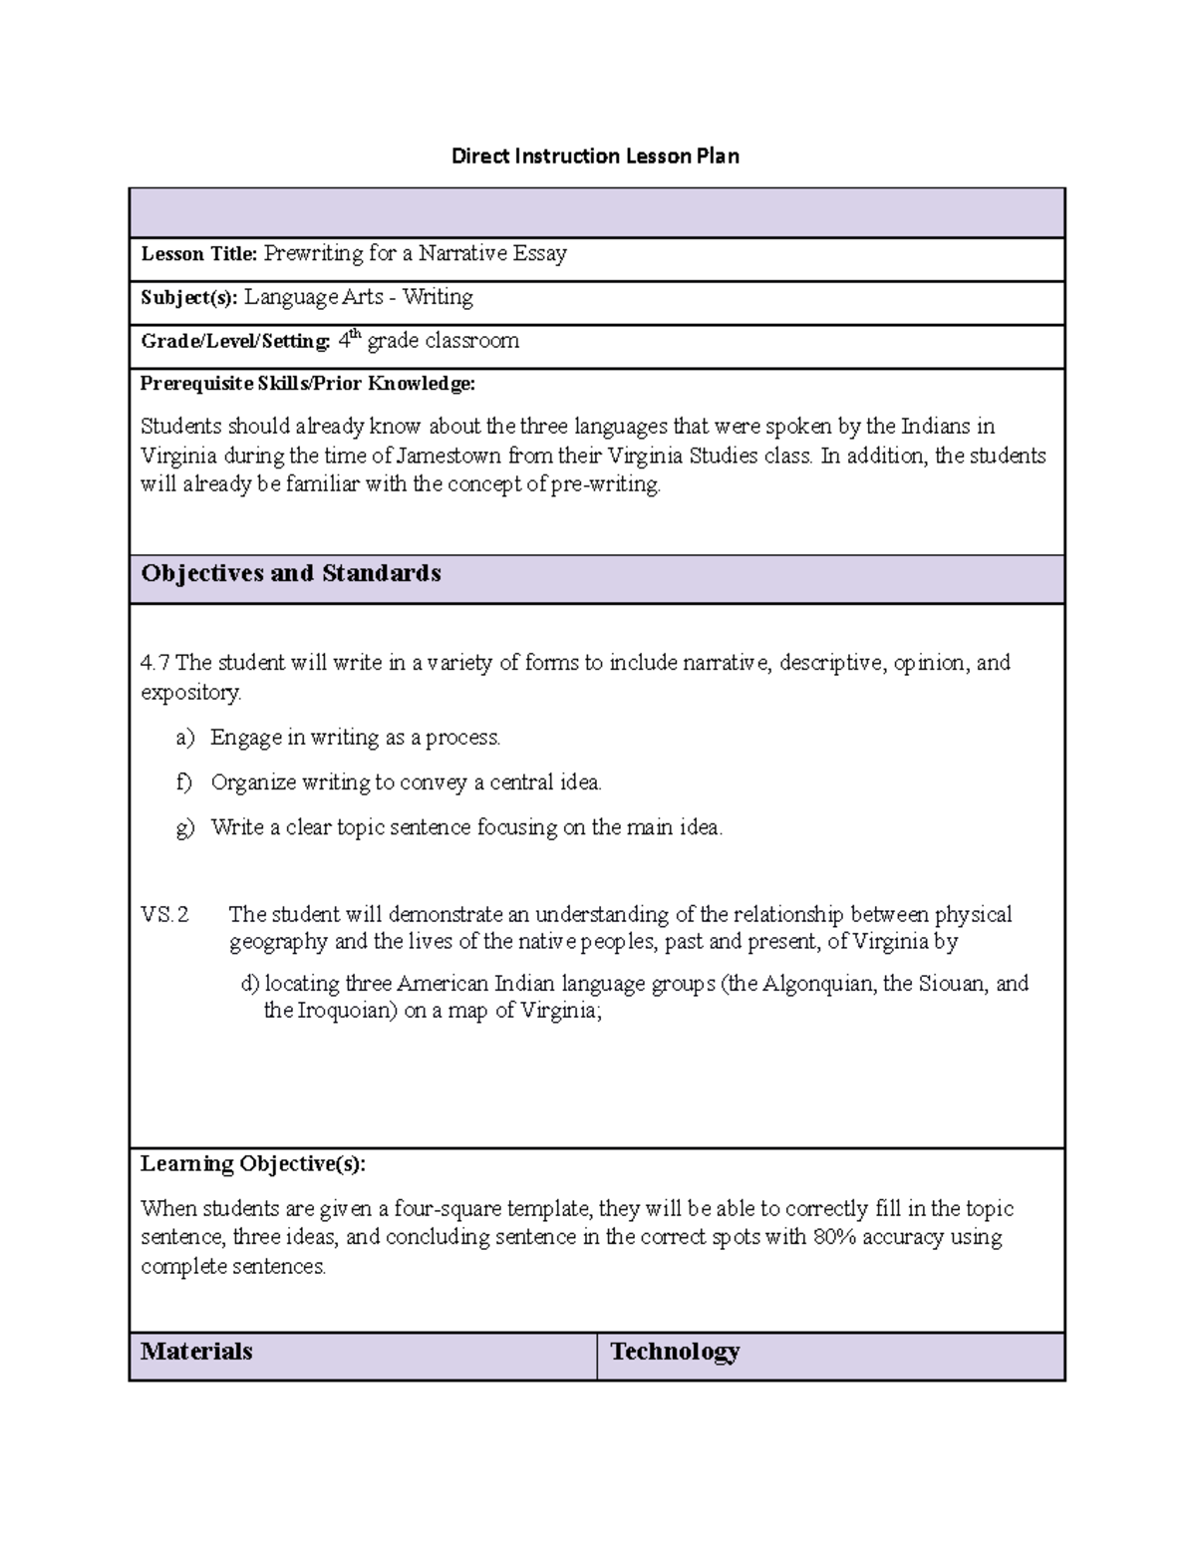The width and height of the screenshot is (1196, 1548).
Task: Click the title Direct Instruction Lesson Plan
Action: click(x=595, y=155)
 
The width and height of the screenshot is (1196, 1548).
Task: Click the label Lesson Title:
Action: click(x=199, y=254)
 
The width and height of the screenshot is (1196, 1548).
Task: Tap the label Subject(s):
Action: click(x=189, y=297)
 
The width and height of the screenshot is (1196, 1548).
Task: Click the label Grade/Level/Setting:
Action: click(x=235, y=341)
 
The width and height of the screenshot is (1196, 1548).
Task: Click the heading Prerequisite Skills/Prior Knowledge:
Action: click(x=308, y=384)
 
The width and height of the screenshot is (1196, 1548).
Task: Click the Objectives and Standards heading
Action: click(x=291, y=573)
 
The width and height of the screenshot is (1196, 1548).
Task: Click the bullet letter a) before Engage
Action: click(x=185, y=738)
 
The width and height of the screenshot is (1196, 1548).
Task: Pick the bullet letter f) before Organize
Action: click(x=184, y=782)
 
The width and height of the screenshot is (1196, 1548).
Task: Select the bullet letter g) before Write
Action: click(x=185, y=827)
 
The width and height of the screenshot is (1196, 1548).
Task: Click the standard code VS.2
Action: click(x=164, y=914)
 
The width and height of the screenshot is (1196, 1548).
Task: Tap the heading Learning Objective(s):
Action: click(x=253, y=1164)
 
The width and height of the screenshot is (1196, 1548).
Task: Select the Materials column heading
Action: click(x=196, y=1352)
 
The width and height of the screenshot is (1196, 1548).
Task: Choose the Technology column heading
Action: click(x=675, y=1352)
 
